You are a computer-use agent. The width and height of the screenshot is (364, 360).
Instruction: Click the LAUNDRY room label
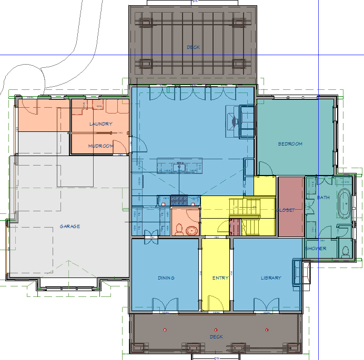100,124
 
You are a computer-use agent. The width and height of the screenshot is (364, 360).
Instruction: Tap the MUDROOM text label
100,146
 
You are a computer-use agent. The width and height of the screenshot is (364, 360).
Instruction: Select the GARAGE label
69,227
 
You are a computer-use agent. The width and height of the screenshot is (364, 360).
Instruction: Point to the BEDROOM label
290,143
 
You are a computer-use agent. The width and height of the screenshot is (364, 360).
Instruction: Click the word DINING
166,277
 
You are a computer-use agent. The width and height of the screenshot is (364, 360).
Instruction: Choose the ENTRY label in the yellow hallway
220,277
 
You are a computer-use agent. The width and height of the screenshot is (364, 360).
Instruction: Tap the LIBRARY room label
271,277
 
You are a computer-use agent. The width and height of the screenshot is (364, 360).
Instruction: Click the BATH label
323,198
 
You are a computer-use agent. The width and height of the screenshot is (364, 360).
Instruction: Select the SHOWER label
316,248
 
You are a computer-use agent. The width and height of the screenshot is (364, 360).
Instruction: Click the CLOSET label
285,210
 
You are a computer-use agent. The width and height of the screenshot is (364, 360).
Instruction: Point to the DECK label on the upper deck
193,47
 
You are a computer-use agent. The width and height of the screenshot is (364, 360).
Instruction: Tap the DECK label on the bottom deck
216,336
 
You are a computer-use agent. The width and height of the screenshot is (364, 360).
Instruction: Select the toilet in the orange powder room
179,229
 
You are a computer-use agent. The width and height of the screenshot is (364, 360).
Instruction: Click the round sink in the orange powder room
191,230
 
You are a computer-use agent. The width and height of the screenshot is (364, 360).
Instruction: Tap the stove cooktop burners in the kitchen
179,199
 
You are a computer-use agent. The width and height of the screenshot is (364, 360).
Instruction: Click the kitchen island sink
179,167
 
